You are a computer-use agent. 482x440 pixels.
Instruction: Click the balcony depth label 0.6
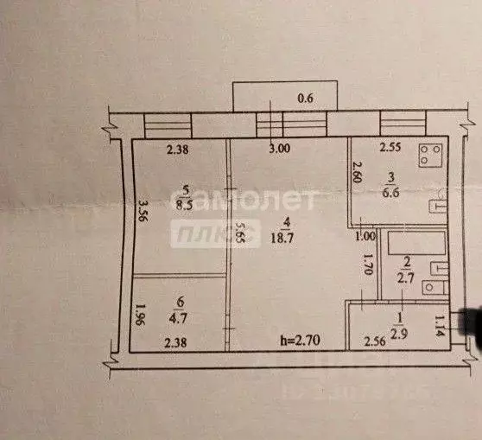306,99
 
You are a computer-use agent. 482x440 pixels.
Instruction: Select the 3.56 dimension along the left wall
143,213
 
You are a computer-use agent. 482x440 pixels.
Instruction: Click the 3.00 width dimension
278,149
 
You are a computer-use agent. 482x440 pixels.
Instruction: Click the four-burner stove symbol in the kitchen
431,156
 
